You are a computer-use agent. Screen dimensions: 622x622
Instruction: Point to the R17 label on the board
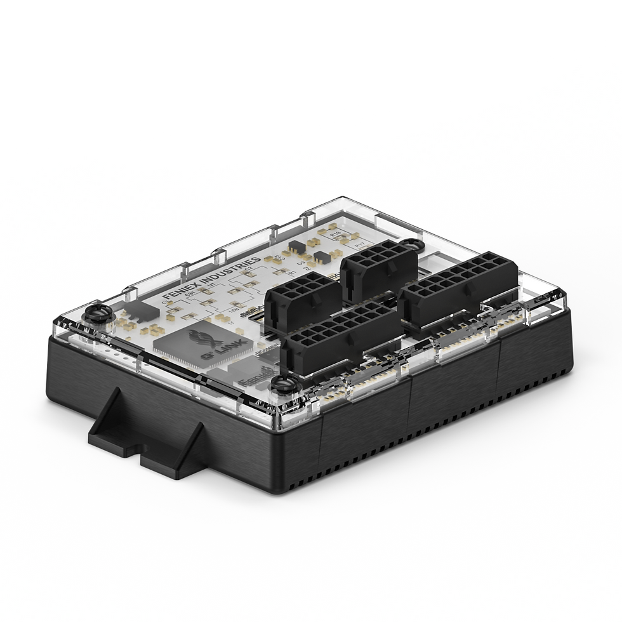(360, 242)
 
